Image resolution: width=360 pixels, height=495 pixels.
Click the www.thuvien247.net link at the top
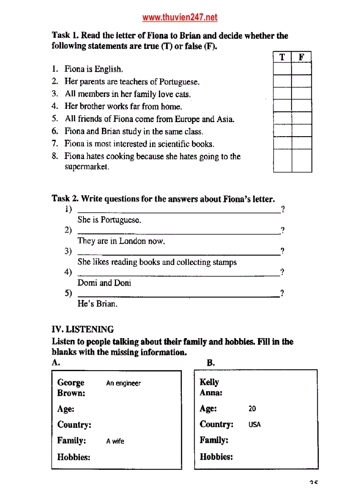pyautogui.click(x=180, y=18)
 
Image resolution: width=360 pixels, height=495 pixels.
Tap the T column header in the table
pyautogui.click(x=282, y=57)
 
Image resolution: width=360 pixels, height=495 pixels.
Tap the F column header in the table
pyautogui.click(x=302, y=57)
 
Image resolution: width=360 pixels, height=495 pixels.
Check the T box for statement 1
pyautogui.click(x=282, y=69)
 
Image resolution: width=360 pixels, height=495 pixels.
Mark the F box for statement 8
pyautogui.click(x=302, y=161)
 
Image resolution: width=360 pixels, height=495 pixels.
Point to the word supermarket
pyautogui.click(x=86, y=167)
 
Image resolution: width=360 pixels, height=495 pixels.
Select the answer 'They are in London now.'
pyautogui.click(x=121, y=241)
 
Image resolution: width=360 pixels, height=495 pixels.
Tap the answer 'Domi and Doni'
pyautogui.click(x=104, y=283)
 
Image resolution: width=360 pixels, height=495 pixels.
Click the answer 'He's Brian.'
pyautogui.click(x=97, y=304)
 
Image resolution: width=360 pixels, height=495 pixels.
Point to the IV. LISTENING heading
pyautogui.click(x=82, y=329)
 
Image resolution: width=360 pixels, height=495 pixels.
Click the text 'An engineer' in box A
pyautogui.click(x=124, y=383)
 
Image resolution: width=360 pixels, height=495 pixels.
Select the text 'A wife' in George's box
pyautogui.click(x=115, y=441)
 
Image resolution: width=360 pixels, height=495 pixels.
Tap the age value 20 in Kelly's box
pyautogui.click(x=252, y=409)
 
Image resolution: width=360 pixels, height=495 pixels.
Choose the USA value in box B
pyautogui.click(x=255, y=425)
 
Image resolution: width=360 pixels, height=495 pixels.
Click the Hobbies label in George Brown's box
pyautogui.click(x=74, y=457)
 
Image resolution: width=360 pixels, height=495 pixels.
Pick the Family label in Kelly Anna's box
pyautogui.click(x=214, y=440)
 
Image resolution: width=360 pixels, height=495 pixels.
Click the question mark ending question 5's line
pyautogui.click(x=282, y=293)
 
